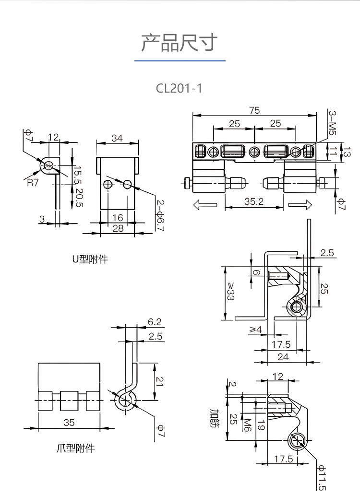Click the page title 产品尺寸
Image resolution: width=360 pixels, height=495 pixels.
coord(180,43)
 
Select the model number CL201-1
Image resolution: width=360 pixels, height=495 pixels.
coord(180,89)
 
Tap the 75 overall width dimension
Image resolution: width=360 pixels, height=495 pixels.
coord(254,110)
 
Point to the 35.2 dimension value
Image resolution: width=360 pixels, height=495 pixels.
coord(254,201)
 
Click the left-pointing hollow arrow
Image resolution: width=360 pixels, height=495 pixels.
coord(204,205)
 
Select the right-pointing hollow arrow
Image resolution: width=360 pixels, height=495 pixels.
coord(300,205)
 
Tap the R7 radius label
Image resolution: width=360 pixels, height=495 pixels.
coord(33,182)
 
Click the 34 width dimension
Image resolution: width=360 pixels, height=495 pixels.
coord(117,138)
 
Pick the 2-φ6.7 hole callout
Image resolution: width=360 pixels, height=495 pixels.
coord(160,213)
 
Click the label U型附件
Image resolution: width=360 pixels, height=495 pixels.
coord(90,259)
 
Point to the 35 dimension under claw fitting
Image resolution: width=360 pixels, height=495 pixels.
coord(69,423)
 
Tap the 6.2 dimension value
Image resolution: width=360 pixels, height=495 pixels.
coord(155,322)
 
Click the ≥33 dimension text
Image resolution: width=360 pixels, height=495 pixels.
coord(230,294)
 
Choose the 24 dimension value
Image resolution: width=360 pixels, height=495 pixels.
coord(283,356)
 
